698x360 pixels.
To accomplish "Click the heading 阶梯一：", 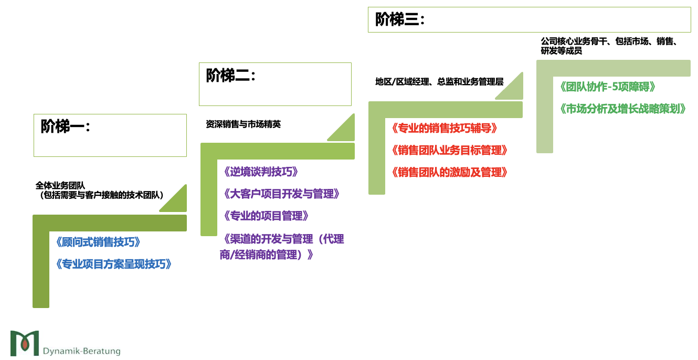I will [66, 126].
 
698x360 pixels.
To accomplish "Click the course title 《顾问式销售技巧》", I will [98, 242].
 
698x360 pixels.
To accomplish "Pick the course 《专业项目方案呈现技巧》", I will [113, 264].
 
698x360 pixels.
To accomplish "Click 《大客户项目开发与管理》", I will [281, 194].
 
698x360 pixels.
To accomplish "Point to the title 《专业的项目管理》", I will [266, 216].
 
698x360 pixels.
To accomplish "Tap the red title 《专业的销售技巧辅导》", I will [444, 128].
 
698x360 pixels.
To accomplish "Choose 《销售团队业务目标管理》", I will [450, 151].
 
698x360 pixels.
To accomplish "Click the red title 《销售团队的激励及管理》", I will [450, 173].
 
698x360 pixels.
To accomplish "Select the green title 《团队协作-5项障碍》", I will [607, 87].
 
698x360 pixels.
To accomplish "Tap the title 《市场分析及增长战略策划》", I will [623, 109].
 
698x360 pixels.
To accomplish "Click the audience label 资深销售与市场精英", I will [243, 124].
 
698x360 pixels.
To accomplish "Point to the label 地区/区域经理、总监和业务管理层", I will [439, 82].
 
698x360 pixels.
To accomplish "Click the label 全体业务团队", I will [60, 185].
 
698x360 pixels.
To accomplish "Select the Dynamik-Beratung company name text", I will [82, 351].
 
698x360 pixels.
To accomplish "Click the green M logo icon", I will [25, 343].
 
